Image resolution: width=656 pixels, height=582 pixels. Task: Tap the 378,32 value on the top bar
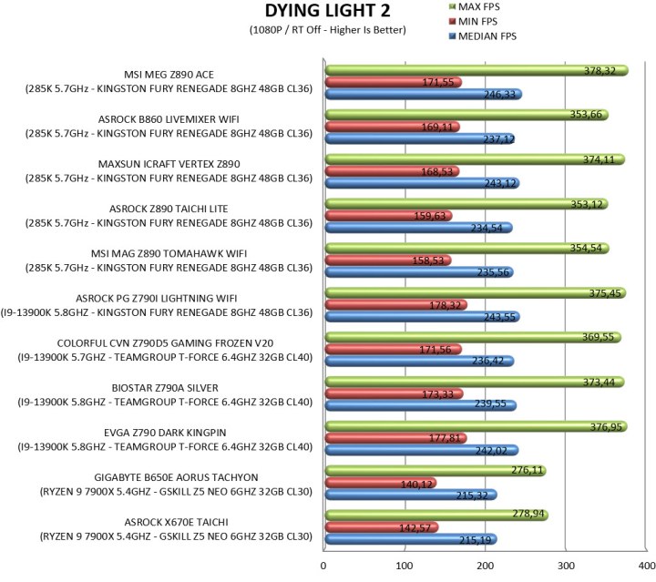pos(606,70)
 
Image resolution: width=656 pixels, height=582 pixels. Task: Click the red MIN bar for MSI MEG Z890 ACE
pos(392,82)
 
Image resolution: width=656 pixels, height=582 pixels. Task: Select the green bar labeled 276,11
pos(435,471)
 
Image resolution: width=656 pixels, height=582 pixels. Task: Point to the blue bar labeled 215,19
pos(410,539)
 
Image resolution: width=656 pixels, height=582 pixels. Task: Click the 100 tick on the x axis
pos(404,566)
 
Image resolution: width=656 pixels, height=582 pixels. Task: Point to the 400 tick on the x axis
pos(645,566)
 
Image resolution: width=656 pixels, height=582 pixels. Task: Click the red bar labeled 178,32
pos(395,305)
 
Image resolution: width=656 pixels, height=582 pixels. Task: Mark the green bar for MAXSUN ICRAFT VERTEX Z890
pos(474,159)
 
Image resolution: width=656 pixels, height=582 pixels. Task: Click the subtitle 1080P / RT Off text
pos(327,30)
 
